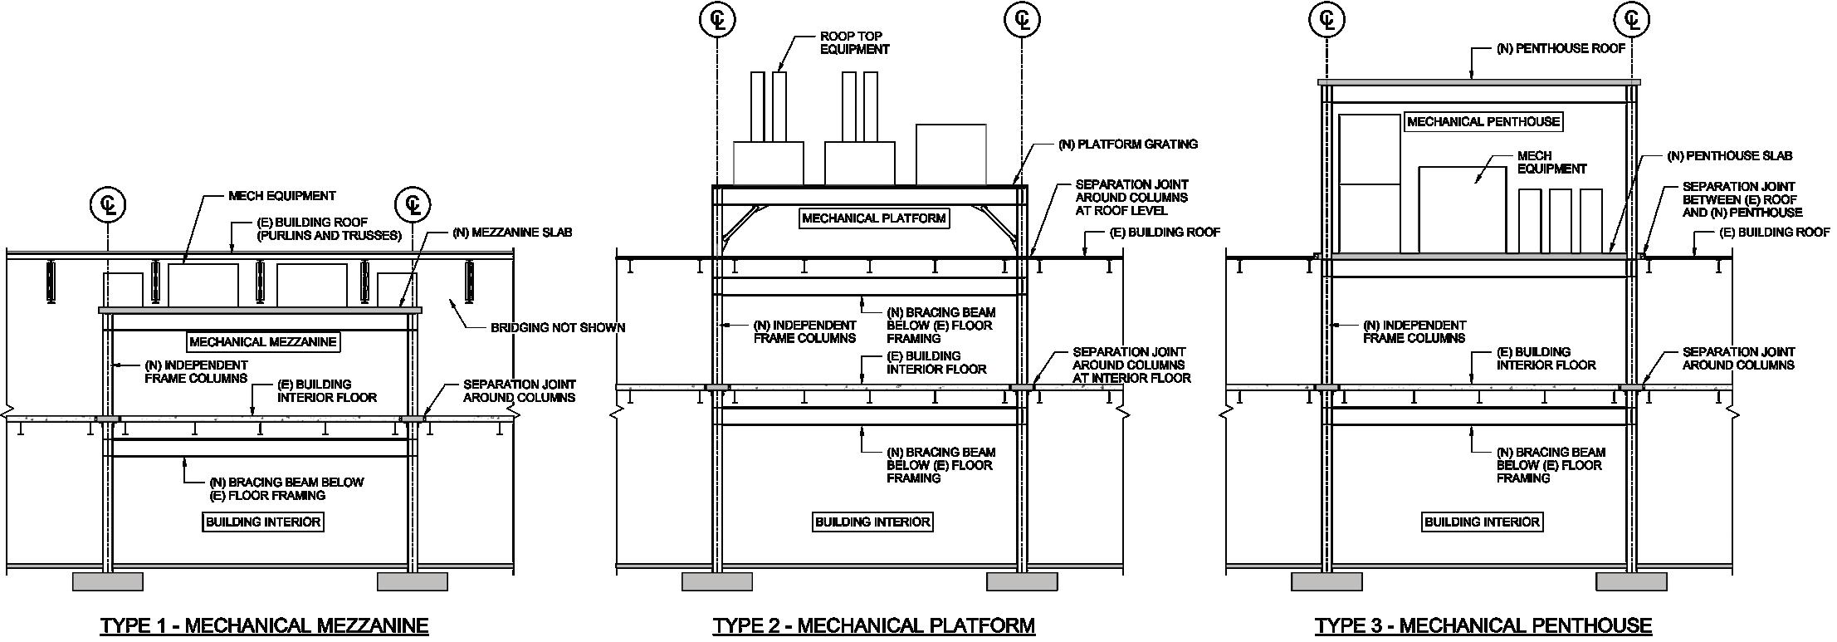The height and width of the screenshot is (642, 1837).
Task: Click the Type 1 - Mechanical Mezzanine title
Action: pos(264,625)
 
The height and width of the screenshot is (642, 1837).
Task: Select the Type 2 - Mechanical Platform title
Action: pos(873,625)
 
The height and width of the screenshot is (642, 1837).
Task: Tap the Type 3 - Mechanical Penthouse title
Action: pos(1483,625)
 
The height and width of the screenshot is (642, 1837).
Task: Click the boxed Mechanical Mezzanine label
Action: pos(263,341)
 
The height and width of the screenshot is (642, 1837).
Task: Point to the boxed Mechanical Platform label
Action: pos(873,218)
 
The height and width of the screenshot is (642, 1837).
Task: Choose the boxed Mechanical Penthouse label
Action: pos(1483,121)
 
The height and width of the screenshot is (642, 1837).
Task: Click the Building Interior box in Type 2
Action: pos(872,522)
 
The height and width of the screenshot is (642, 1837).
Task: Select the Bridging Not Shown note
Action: pos(557,327)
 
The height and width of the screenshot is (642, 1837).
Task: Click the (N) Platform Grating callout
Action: pos(1127,144)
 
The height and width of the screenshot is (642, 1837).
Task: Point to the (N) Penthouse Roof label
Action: pos(1561,49)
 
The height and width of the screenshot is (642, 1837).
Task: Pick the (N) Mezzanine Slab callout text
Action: pos(512,233)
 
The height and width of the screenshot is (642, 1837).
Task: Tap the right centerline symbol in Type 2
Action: pos(1022,20)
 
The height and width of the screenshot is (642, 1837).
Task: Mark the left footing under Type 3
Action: pos(1326,581)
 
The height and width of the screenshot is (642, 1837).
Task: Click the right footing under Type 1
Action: pos(413,581)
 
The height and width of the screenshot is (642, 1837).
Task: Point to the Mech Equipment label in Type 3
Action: pos(1551,162)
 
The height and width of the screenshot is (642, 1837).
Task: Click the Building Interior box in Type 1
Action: pos(263,522)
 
